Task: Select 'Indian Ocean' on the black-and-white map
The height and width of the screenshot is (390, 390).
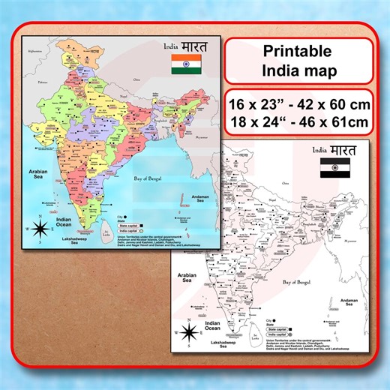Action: pos(213,328)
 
